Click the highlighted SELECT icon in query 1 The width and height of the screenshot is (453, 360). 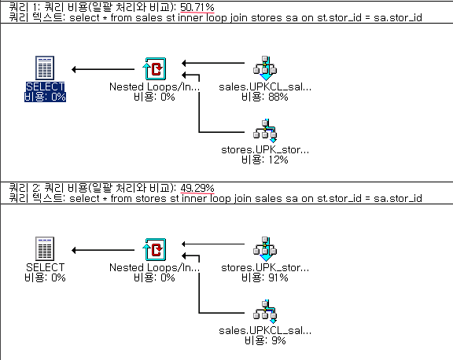pyautogui.click(x=45, y=68)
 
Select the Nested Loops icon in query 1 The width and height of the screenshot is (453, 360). pyautogui.click(x=155, y=68)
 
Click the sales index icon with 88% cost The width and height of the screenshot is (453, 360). pyautogui.click(x=265, y=68)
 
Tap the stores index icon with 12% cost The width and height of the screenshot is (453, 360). pyautogui.click(x=265, y=131)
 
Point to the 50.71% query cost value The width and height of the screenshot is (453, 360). pyautogui.click(x=197, y=7)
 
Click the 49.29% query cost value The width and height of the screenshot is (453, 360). pyautogui.click(x=197, y=188)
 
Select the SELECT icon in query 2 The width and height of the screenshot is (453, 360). pyautogui.click(x=45, y=248)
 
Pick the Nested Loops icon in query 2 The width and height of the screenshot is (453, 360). pyautogui.click(x=155, y=249)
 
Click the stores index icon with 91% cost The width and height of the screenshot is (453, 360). pyautogui.click(x=265, y=249)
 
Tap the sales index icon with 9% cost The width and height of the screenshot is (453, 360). pyautogui.click(x=265, y=312)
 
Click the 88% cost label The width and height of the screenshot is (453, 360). pyautogui.click(x=265, y=97)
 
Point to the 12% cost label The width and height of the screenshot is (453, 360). pyautogui.click(x=265, y=160)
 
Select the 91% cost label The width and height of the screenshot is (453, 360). pyautogui.click(x=265, y=277)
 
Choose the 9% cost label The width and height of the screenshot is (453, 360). pyautogui.click(x=265, y=340)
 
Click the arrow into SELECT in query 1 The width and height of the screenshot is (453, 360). pyautogui.click(x=103, y=69)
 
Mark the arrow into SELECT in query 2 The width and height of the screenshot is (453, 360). pyautogui.click(x=103, y=250)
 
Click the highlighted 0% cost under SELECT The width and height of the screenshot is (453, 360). pyautogui.click(x=45, y=97)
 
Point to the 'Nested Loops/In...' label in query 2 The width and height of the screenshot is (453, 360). pyautogui.click(x=155, y=267)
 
